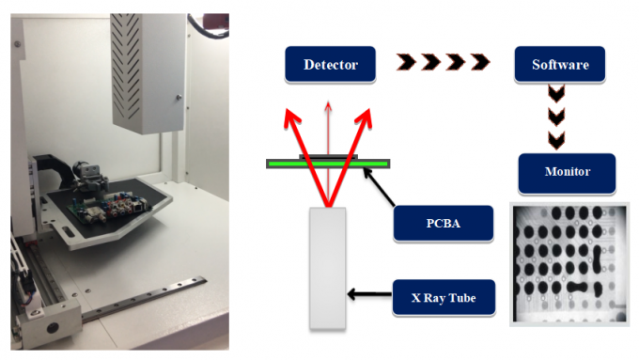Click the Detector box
point(330,65)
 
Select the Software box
point(559,65)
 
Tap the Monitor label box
point(567,172)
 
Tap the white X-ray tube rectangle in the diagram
point(327,268)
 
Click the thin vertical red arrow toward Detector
point(327,127)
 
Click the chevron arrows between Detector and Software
point(443,64)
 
